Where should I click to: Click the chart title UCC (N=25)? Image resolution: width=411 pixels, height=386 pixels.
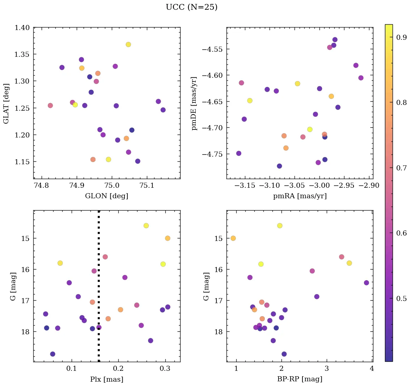coord(191,7)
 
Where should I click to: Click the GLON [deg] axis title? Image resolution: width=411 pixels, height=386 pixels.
coord(106,196)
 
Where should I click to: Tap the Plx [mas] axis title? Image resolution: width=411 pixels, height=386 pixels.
coord(106,379)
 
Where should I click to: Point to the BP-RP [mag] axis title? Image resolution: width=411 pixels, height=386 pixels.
coord(300,379)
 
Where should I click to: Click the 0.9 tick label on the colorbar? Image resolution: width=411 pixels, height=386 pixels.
coord(401,37)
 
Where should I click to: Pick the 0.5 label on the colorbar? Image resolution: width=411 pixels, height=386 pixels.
coord(401,298)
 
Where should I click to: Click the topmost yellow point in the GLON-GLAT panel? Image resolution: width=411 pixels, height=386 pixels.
coord(128,44)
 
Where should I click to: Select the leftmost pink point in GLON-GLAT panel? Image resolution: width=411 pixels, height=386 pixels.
coord(50,106)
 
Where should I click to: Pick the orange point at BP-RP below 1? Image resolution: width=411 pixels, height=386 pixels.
coord(233,238)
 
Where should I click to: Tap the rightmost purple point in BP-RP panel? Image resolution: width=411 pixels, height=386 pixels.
coord(366,283)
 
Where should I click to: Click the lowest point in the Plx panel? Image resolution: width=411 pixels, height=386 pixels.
coord(52,354)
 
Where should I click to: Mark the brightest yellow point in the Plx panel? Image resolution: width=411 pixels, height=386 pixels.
coord(146,226)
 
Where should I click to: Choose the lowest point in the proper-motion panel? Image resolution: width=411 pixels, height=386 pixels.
coord(279,166)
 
